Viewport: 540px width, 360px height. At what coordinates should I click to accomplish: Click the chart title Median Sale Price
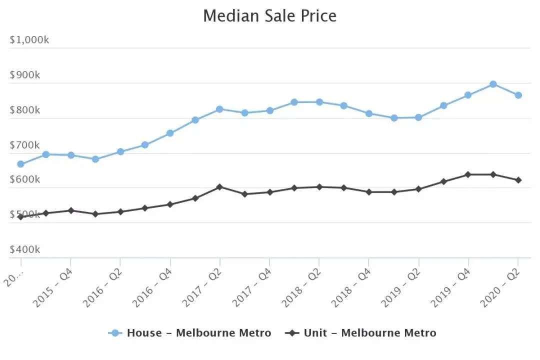(x=269, y=15)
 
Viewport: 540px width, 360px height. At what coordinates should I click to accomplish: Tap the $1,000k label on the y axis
(x=29, y=40)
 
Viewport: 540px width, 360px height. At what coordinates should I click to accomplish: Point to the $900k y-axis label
(x=25, y=75)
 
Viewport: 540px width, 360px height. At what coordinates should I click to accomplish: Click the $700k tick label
(x=25, y=145)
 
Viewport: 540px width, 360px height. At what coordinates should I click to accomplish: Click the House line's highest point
(x=493, y=84)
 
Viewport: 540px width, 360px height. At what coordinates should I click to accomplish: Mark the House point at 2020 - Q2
(x=518, y=95)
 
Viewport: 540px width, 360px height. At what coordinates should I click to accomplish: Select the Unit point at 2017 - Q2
(x=219, y=187)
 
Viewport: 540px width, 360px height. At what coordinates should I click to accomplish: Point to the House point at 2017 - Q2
(x=219, y=109)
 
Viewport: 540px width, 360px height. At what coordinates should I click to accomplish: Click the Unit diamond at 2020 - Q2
(x=518, y=180)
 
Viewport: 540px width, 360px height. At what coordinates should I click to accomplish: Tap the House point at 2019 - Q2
(x=418, y=117)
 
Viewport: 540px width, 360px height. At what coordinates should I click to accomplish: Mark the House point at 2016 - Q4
(x=170, y=133)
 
